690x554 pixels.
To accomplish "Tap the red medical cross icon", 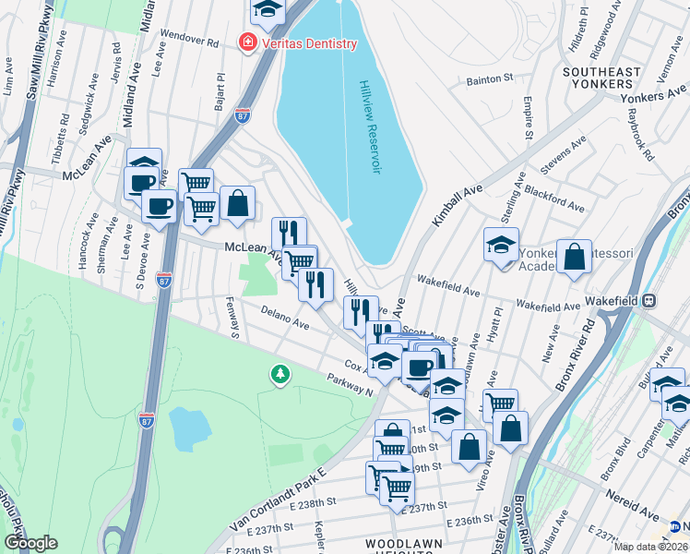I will tap(247, 43).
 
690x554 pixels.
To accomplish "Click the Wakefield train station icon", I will tap(649, 301).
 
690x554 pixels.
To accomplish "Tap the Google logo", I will tap(30, 543).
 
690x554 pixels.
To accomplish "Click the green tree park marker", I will tap(279, 374).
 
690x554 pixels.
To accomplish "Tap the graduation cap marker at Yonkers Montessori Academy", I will tap(501, 246).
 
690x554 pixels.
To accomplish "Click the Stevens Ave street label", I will tap(565, 156).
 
